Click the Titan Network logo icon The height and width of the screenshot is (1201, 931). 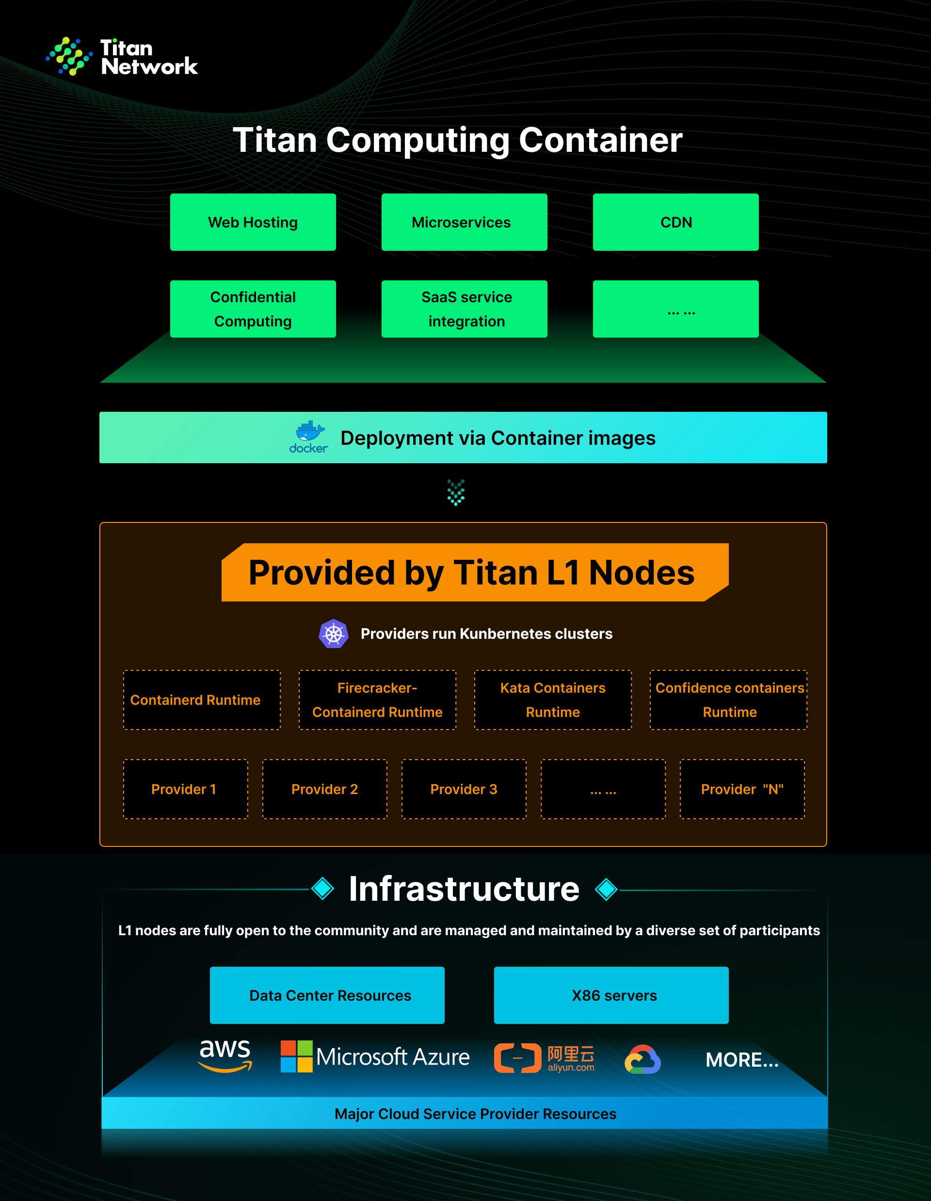[x=69, y=56]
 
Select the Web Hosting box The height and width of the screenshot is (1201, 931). [x=253, y=222]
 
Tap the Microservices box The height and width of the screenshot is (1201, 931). [x=464, y=222]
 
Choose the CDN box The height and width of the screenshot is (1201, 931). [x=675, y=222]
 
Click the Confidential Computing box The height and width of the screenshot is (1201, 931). [x=253, y=309]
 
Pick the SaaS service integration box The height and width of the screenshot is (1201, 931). [x=464, y=309]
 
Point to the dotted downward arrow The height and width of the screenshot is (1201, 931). [x=456, y=492]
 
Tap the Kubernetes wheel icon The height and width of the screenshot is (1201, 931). [x=334, y=633]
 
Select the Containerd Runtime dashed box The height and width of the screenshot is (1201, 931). [x=202, y=700]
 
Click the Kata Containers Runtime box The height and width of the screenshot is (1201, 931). [x=553, y=700]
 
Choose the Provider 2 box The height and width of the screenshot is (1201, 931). [x=325, y=789]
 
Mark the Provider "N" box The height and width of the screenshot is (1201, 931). [x=742, y=789]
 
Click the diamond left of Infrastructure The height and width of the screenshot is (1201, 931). [x=322, y=889]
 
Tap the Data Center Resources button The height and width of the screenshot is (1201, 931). [x=327, y=995]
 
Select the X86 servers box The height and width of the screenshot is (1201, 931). [x=611, y=995]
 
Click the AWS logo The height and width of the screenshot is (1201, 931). [x=225, y=1056]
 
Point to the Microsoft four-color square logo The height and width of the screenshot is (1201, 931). [x=297, y=1056]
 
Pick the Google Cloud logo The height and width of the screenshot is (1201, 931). [x=642, y=1059]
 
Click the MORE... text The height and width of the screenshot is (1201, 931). [x=742, y=1060]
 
